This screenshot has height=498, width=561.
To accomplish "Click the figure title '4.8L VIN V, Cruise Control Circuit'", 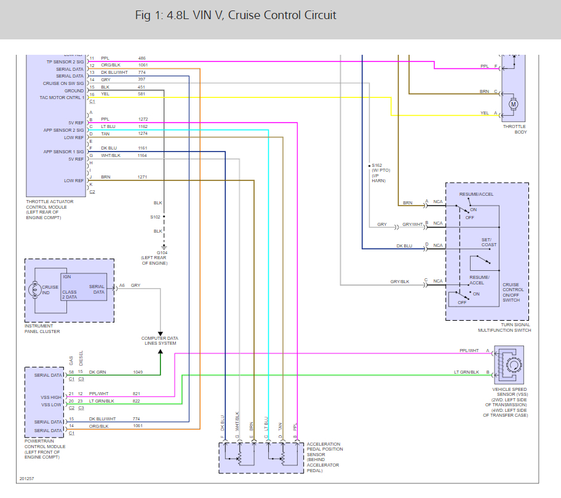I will (236, 15).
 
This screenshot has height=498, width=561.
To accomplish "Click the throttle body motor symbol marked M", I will (514, 104).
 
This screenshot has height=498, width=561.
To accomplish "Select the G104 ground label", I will (162, 252).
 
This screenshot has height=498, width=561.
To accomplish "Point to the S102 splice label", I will (155, 217).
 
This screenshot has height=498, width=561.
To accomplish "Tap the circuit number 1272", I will (143, 119).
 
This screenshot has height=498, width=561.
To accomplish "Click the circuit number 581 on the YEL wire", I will (142, 94).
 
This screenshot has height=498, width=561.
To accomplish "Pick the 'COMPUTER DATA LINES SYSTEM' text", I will (159, 340).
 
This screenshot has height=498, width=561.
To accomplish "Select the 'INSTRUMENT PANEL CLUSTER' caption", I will (42, 329).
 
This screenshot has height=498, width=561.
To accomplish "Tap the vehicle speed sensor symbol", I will (511, 364).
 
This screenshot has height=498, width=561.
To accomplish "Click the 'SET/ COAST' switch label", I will (489, 242).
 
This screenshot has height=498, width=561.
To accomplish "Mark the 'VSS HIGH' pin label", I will (52, 397).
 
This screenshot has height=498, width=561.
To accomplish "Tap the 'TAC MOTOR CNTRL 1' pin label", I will (62, 97).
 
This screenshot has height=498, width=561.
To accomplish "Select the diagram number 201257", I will (26, 478).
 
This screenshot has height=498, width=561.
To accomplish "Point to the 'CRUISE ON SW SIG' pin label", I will (63, 83).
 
